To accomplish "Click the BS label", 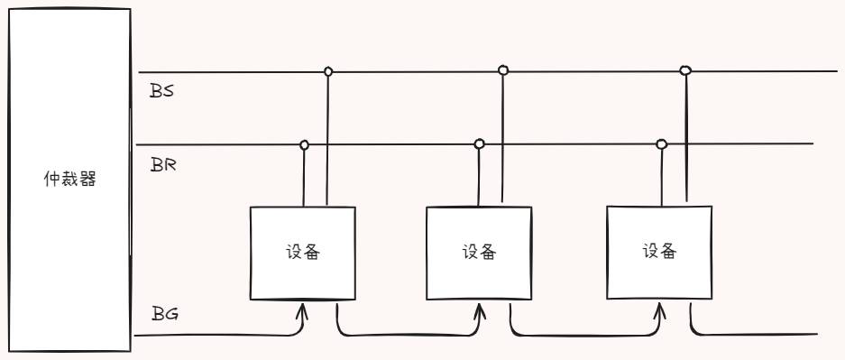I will [x=162, y=91].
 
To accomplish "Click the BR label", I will [x=163, y=165].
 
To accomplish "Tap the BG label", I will [x=163, y=314].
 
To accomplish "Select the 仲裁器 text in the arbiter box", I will [x=69, y=179].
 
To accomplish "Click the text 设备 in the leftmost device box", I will [x=300, y=252].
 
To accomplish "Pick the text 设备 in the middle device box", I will [x=478, y=252].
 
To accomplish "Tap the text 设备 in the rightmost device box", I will [x=660, y=251].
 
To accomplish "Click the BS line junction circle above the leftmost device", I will [x=328, y=70].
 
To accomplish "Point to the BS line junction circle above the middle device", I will [x=503, y=69].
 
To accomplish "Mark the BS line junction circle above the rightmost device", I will [x=685, y=69].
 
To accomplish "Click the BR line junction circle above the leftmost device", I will [x=304, y=144].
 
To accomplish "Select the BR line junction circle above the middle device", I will [x=480, y=143].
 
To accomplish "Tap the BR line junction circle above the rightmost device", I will [x=662, y=143].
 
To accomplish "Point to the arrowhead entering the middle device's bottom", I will [x=478, y=311].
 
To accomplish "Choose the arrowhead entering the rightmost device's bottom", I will [x=661, y=311].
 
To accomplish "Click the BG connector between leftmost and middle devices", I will [x=406, y=336].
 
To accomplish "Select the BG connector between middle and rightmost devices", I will [x=586, y=336].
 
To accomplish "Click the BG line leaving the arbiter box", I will [x=216, y=337].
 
